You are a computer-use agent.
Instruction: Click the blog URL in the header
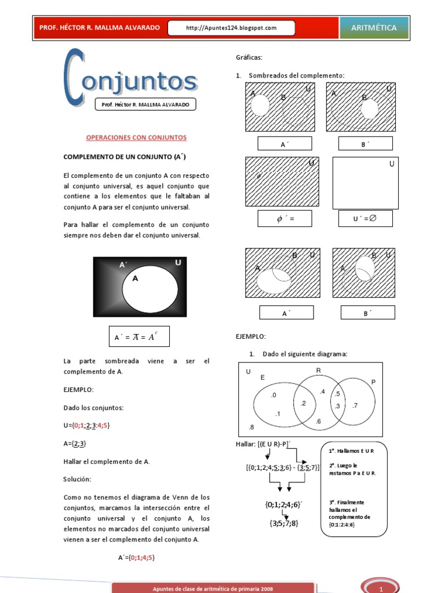point(231,28)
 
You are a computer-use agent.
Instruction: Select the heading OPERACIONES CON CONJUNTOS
point(136,138)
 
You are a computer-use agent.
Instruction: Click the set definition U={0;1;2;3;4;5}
point(86,426)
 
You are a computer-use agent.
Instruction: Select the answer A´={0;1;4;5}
point(136,558)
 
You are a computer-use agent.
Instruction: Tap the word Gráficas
point(249,57)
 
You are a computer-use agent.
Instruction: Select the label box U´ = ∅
point(365,218)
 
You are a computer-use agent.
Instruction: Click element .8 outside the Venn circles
point(251,427)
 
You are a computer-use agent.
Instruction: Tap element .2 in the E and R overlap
point(303,403)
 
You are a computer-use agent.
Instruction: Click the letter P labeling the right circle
point(373,382)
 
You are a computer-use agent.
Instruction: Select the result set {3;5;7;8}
point(283,523)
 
